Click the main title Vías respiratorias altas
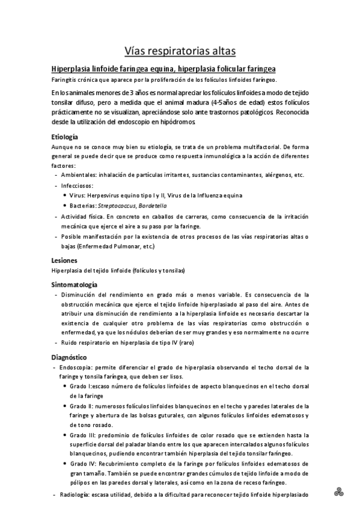point(180,50)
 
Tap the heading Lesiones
point(64,260)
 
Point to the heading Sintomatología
point(75,284)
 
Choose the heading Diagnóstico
point(70,357)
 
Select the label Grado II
point(82,406)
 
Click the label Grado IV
point(84,464)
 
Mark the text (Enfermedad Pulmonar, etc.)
point(112,247)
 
